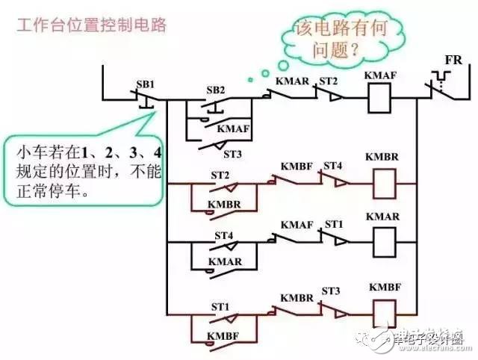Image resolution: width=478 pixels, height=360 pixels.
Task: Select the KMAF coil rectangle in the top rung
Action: pos(380,98)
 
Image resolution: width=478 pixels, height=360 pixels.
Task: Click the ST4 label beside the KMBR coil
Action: pos(332,165)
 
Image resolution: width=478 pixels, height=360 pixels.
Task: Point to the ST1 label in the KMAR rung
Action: pos(332,224)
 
